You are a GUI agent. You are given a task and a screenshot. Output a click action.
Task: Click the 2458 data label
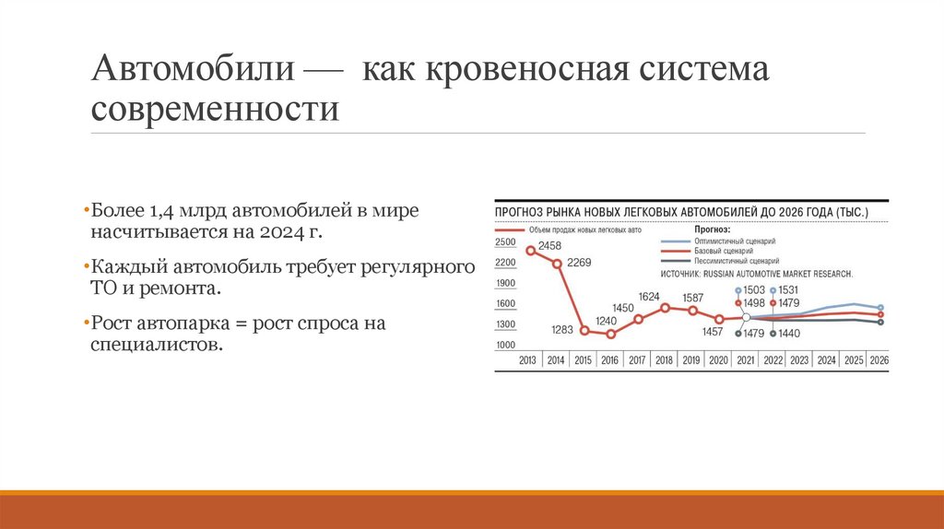coord(550,245)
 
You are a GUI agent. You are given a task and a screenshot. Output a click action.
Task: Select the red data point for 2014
coord(557,264)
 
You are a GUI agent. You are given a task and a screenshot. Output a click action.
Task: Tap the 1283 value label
coord(562,329)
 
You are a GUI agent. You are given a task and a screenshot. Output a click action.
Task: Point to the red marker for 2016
coord(610,334)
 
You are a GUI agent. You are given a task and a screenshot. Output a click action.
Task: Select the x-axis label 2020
coord(718,360)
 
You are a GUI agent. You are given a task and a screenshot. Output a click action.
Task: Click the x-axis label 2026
coord(879,360)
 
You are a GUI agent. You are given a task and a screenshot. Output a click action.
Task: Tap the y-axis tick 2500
coord(505,242)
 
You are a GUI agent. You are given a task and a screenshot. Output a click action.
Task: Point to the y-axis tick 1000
coord(505,345)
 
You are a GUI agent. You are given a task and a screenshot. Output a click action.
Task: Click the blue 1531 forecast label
coord(789,290)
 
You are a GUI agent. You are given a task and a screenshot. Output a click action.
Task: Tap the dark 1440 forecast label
coord(789,333)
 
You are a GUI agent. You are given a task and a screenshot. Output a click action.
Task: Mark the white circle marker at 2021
coord(745,317)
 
